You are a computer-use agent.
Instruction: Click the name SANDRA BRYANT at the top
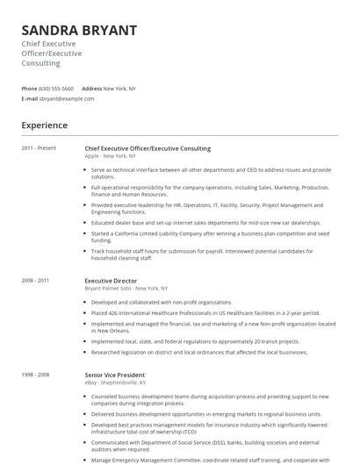pyautogui.click(x=79, y=30)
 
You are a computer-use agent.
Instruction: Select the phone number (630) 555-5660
pyautogui.click(x=57, y=89)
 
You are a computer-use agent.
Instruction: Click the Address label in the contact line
pyautogui.click(x=91, y=89)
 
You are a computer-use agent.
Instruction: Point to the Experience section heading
pyautogui.click(x=45, y=125)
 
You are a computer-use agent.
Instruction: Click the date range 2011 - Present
pyautogui.click(x=39, y=149)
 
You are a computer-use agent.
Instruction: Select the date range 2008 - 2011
pyautogui.click(x=36, y=281)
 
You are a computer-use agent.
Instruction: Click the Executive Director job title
pyautogui.click(x=111, y=281)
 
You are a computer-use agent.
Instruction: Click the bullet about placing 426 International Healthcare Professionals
pyautogui.click(x=205, y=312)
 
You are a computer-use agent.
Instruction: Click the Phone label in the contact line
pyautogui.click(x=29, y=89)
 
